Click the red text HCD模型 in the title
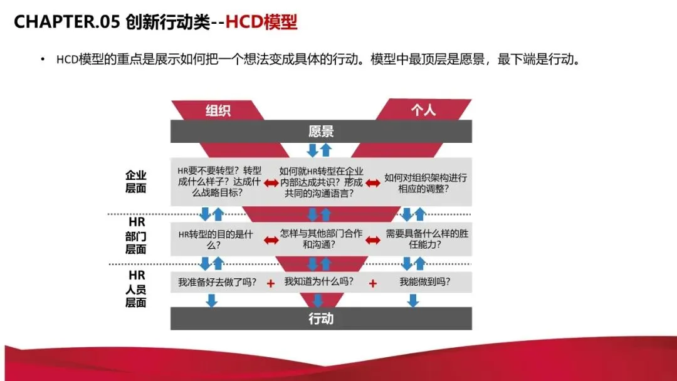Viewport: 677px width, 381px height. [261, 23]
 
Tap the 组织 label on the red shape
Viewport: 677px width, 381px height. [218, 110]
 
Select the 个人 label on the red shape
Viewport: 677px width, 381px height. [423, 110]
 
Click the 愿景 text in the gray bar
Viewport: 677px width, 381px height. [321, 131]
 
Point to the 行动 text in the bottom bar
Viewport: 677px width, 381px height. [321, 318]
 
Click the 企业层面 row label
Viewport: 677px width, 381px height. [135, 181]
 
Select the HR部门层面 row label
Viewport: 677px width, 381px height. [136, 236]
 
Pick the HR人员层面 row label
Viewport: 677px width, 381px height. [136, 289]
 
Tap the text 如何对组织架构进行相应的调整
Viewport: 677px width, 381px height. [426, 183]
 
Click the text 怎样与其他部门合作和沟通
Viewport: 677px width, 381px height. [321, 239]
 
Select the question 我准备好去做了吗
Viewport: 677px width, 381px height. [217, 282]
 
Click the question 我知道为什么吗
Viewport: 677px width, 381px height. [318, 282]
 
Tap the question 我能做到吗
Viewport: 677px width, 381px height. [425, 282]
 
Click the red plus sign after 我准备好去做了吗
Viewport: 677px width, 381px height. [271, 283]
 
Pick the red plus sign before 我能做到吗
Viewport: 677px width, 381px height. [373, 283]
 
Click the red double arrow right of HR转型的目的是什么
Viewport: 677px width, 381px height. [271, 240]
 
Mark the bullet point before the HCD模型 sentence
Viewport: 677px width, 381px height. [43, 60]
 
